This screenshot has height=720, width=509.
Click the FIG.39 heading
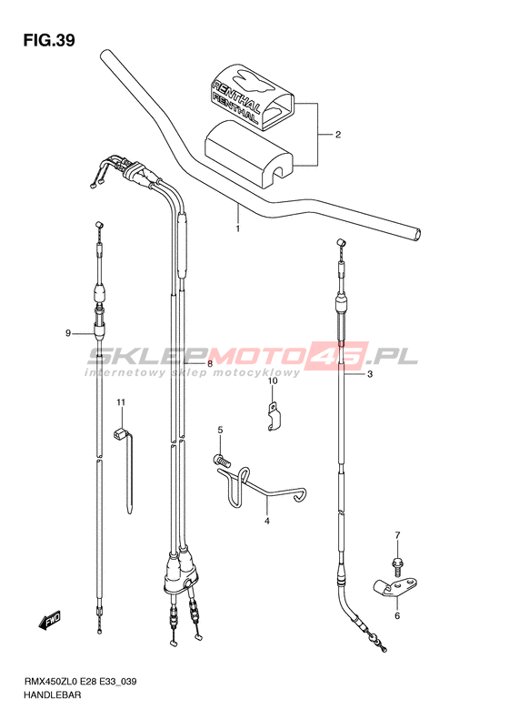click(x=49, y=41)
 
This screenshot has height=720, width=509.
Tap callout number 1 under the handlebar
click(x=237, y=228)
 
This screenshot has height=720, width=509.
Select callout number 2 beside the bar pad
click(x=338, y=135)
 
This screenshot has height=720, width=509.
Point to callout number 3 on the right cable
click(x=370, y=374)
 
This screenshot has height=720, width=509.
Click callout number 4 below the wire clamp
click(x=267, y=522)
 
